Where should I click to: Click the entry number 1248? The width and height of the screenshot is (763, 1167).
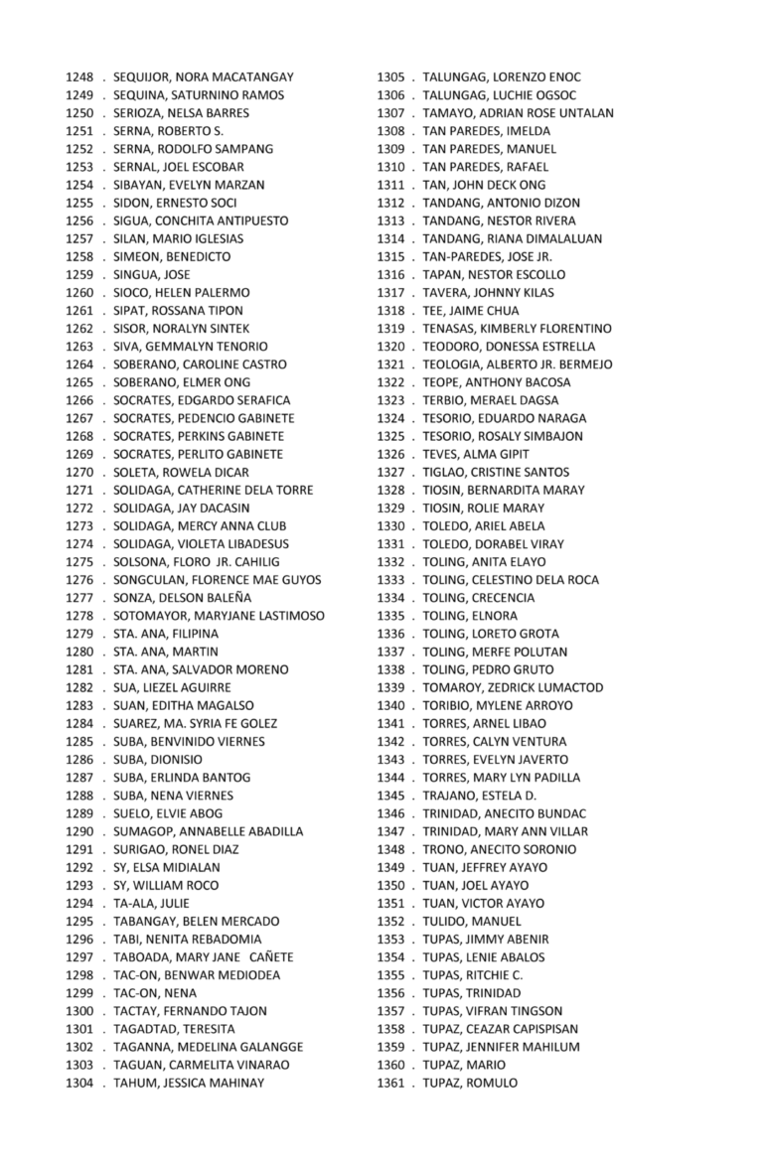(79, 77)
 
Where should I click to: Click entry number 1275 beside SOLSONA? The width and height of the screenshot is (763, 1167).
(79, 562)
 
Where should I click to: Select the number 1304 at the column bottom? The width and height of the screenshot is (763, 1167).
(79, 1083)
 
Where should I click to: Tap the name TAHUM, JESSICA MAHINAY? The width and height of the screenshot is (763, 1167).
(189, 1083)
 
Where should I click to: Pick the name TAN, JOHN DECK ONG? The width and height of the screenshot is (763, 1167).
(484, 185)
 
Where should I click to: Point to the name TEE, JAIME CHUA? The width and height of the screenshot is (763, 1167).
(470, 311)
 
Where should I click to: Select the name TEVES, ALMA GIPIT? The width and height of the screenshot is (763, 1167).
(477, 454)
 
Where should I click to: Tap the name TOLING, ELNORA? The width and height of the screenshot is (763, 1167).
(470, 616)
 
